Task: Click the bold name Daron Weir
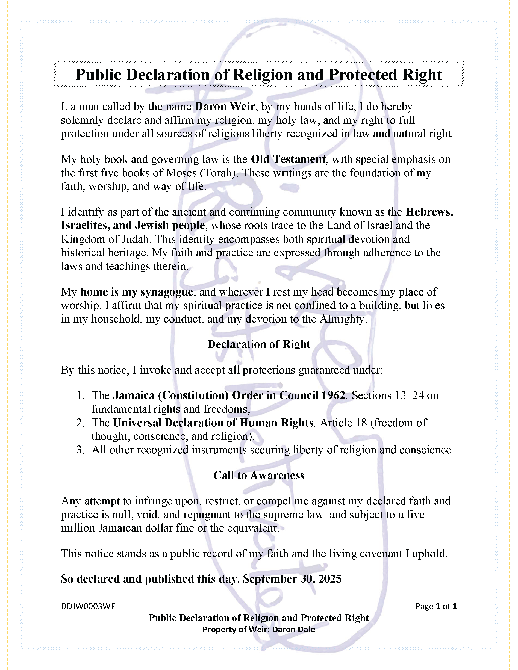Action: (225, 107)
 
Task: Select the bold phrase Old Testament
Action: (288, 159)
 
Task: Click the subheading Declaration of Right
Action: (259, 344)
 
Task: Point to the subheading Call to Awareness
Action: (259, 475)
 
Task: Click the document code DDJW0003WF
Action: (88, 606)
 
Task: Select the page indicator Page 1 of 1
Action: (436, 606)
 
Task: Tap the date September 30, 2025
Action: (292, 579)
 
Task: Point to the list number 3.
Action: (80, 450)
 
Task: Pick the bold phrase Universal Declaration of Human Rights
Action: (213, 423)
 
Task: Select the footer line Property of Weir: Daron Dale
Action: (259, 630)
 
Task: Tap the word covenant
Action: (381, 553)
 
